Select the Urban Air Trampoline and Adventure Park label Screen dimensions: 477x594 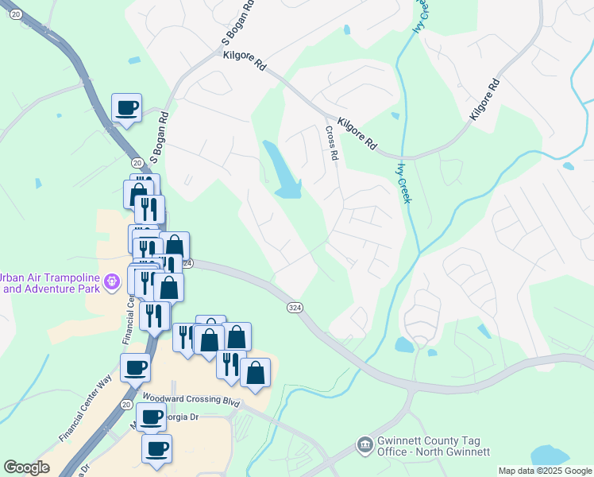[x=49, y=283]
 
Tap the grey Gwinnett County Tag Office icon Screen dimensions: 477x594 [x=364, y=444]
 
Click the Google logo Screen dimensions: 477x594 [x=26, y=467]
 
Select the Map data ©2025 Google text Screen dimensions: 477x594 [x=545, y=471]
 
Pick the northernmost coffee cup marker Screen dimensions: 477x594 [x=127, y=107]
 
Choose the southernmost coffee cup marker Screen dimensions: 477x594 [x=156, y=448]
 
